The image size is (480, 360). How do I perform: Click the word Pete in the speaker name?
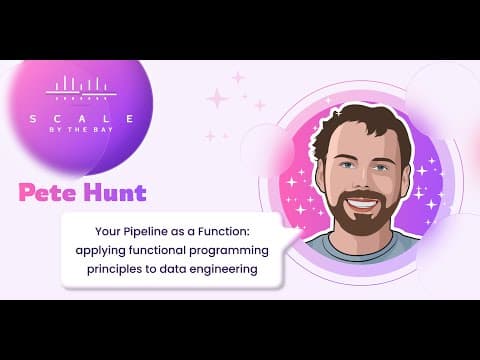coord(48,192)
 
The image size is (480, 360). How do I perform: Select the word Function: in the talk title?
coord(223,231)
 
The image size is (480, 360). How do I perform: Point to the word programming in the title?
coord(229,251)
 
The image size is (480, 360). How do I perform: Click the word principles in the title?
coord(114,269)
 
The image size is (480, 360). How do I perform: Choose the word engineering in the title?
coord(223,269)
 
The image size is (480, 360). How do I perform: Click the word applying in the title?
coord(100,251)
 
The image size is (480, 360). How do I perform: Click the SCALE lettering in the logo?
coord(82,119)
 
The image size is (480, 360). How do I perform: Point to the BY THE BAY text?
coord(81,130)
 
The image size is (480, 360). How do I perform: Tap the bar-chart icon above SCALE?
coord(81,88)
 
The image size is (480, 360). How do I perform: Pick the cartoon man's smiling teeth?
coord(363,203)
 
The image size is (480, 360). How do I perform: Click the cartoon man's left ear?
coord(319,175)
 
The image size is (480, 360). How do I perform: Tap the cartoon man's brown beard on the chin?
coord(362,222)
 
